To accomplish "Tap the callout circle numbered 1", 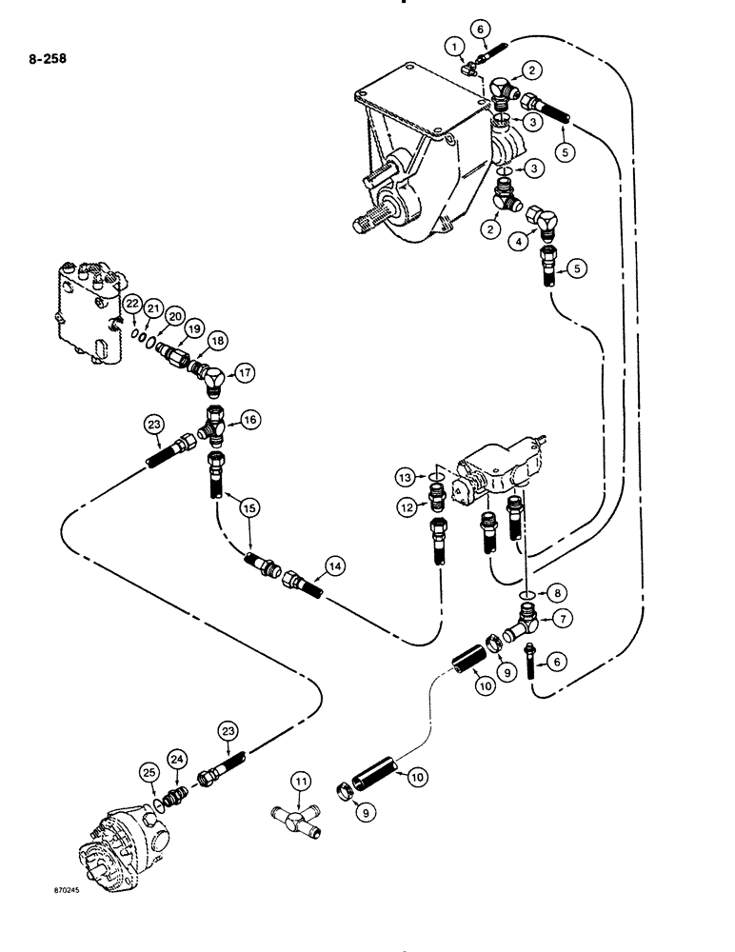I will tap(457, 46).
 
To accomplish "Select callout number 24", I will tap(176, 759).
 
